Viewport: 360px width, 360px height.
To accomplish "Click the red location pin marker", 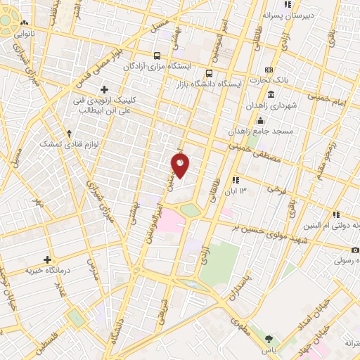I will click(181, 165).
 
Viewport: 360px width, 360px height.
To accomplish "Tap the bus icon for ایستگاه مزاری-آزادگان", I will click(156, 56).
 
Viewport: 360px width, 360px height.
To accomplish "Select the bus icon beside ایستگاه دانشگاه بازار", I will click(209, 73).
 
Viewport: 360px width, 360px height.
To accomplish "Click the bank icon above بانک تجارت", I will click(269, 70).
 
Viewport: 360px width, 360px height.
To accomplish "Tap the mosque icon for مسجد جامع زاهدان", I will click(261, 120).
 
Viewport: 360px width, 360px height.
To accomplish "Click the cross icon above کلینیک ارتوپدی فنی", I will click(105, 89).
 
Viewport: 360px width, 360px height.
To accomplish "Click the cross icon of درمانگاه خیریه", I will click(48, 259).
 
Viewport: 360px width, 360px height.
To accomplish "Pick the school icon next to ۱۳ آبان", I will click(235, 180).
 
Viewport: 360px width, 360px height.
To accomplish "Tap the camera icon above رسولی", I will click(355, 250).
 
